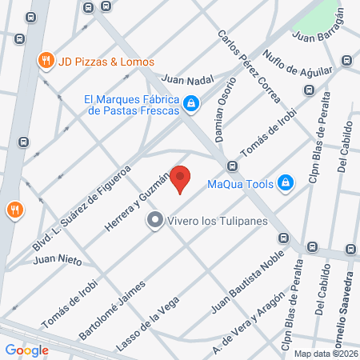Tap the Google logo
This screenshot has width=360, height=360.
(x=27, y=350)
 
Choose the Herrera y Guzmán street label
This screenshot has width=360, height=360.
(x=137, y=204)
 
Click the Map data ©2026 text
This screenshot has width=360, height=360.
(x=326, y=354)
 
